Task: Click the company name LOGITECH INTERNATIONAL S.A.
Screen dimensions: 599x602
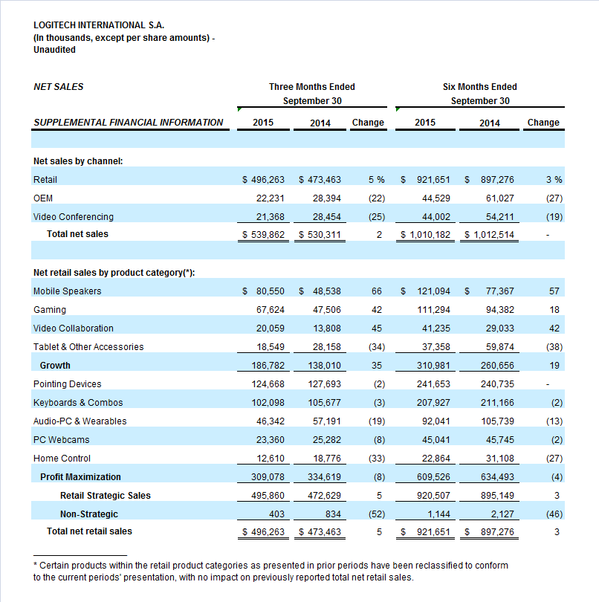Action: point(99,25)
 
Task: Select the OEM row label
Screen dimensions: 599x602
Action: point(43,198)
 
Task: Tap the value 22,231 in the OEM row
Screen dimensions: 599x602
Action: point(271,198)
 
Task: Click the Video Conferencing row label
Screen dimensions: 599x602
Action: point(74,216)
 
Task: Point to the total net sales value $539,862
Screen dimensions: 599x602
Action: point(263,234)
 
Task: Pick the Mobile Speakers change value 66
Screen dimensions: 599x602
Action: point(377,291)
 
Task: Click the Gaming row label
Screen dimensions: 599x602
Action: point(50,309)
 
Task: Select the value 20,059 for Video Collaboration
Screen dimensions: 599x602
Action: point(271,328)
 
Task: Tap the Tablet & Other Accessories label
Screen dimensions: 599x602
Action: point(88,346)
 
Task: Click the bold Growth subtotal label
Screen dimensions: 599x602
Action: point(55,365)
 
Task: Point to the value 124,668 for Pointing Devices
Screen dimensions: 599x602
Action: point(268,384)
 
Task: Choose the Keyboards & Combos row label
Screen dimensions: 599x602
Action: point(78,402)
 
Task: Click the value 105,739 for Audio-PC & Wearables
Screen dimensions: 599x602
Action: point(498,421)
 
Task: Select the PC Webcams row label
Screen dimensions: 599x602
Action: point(62,439)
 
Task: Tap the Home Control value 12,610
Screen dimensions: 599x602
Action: point(271,458)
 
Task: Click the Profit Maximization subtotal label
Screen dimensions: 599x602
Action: point(80,477)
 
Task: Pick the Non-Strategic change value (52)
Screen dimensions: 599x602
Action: point(377,514)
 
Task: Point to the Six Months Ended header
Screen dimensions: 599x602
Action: point(480,87)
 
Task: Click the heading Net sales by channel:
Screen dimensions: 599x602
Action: point(78,161)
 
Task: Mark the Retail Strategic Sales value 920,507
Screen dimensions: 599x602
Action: point(433,495)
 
